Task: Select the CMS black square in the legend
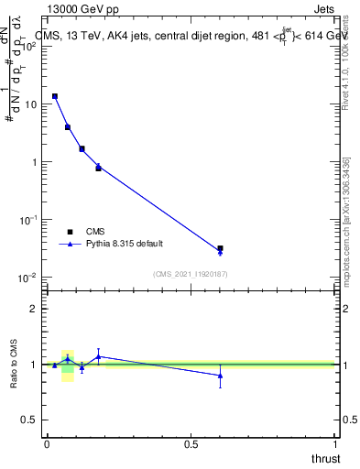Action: click(x=70, y=232)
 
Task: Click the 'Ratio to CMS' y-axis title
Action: click(x=14, y=365)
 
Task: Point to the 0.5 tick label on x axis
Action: click(x=191, y=444)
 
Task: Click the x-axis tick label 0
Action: click(x=47, y=444)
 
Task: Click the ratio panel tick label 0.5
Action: click(x=27, y=420)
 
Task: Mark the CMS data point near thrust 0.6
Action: click(x=220, y=248)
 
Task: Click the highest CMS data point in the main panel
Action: click(x=55, y=96)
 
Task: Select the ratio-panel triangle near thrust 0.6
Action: click(x=220, y=376)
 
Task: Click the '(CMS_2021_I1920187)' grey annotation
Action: click(x=190, y=273)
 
